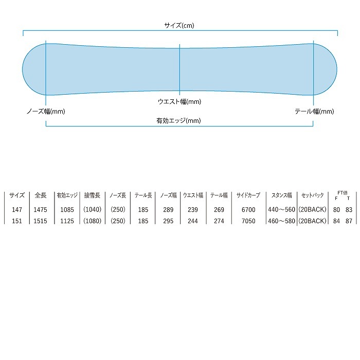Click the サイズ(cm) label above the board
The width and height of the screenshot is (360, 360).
coord(179,25)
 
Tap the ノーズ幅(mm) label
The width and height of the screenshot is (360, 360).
coord(46,111)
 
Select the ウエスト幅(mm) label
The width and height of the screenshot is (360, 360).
coord(179,102)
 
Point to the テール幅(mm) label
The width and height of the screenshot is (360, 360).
coord(314,111)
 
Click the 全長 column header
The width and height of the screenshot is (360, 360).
coord(41,196)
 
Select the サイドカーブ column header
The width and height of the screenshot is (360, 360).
coord(248,196)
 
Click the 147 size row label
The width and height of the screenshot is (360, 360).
coord(17,210)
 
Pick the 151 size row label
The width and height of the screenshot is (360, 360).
coord(17,221)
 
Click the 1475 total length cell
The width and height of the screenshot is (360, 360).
coord(41,210)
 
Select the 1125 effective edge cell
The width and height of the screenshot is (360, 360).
coord(67,221)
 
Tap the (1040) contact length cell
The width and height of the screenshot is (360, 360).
coord(93,210)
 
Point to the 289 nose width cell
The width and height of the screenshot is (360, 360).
coord(168,210)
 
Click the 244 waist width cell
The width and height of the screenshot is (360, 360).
coord(193,221)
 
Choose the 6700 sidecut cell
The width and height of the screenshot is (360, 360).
coord(248,210)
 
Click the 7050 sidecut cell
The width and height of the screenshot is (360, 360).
coord(248,221)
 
